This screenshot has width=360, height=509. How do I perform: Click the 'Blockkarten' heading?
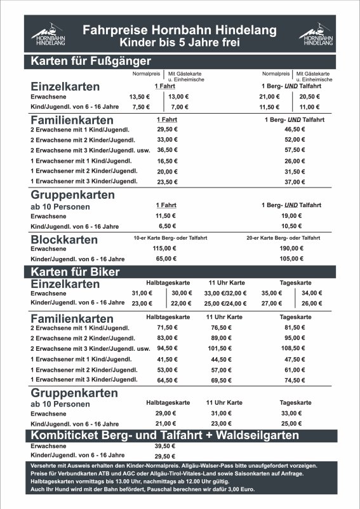pyautogui.click(x=64, y=240)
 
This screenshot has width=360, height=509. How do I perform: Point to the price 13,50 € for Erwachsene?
pyautogui.click(x=138, y=97)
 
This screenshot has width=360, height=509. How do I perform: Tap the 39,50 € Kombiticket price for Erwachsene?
pyautogui.click(x=164, y=446)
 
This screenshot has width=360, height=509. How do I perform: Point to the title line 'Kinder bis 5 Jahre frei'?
pyautogui.click(x=180, y=43)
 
